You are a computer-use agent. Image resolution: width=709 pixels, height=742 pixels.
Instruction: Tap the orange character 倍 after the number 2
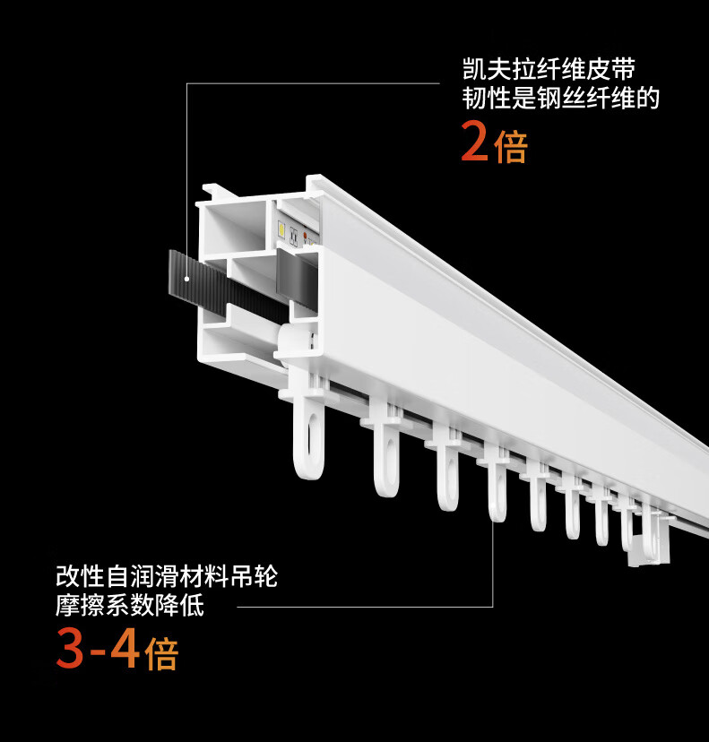tap(511, 144)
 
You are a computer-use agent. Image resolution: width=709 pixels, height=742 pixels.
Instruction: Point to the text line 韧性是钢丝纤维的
tap(560, 98)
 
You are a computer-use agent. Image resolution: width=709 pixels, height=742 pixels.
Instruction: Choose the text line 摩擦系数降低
tap(130, 607)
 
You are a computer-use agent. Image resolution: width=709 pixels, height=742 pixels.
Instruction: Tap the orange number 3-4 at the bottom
tap(97, 651)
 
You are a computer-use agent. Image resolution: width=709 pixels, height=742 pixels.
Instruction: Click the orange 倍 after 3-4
tap(162, 653)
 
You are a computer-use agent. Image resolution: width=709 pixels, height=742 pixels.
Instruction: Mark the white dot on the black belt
tap(186, 279)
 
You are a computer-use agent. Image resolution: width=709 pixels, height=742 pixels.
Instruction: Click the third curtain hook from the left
tap(446, 470)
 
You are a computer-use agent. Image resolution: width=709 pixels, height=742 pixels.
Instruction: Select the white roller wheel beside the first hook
tap(296, 343)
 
